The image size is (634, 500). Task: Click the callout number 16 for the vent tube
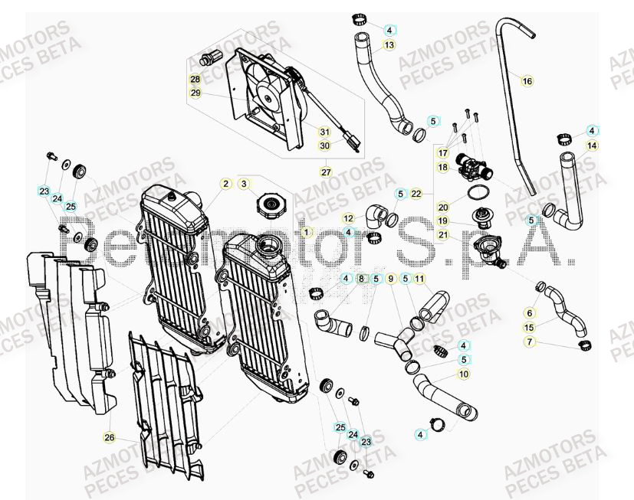pyautogui.click(x=527, y=80)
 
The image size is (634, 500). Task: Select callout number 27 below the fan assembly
pyautogui.click(x=325, y=171)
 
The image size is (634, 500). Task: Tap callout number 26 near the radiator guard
pyautogui.click(x=109, y=436)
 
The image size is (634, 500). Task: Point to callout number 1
pyautogui.click(x=307, y=231)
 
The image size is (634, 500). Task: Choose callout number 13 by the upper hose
pyautogui.click(x=389, y=45)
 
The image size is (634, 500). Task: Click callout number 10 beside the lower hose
pyautogui.click(x=463, y=374)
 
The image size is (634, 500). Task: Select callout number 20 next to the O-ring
pyautogui.click(x=443, y=207)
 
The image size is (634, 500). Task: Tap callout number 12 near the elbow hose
pyautogui.click(x=348, y=218)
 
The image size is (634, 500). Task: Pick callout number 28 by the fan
pyautogui.click(x=195, y=80)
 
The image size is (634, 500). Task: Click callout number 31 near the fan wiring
pyautogui.click(x=324, y=132)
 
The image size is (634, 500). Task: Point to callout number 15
pyautogui.click(x=529, y=327)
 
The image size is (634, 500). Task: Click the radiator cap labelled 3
pyautogui.click(x=271, y=205)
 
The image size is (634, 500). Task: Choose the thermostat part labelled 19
pyautogui.click(x=484, y=217)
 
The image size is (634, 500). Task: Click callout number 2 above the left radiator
pyautogui.click(x=225, y=184)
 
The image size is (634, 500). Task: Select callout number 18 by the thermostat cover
pyautogui.click(x=443, y=166)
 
